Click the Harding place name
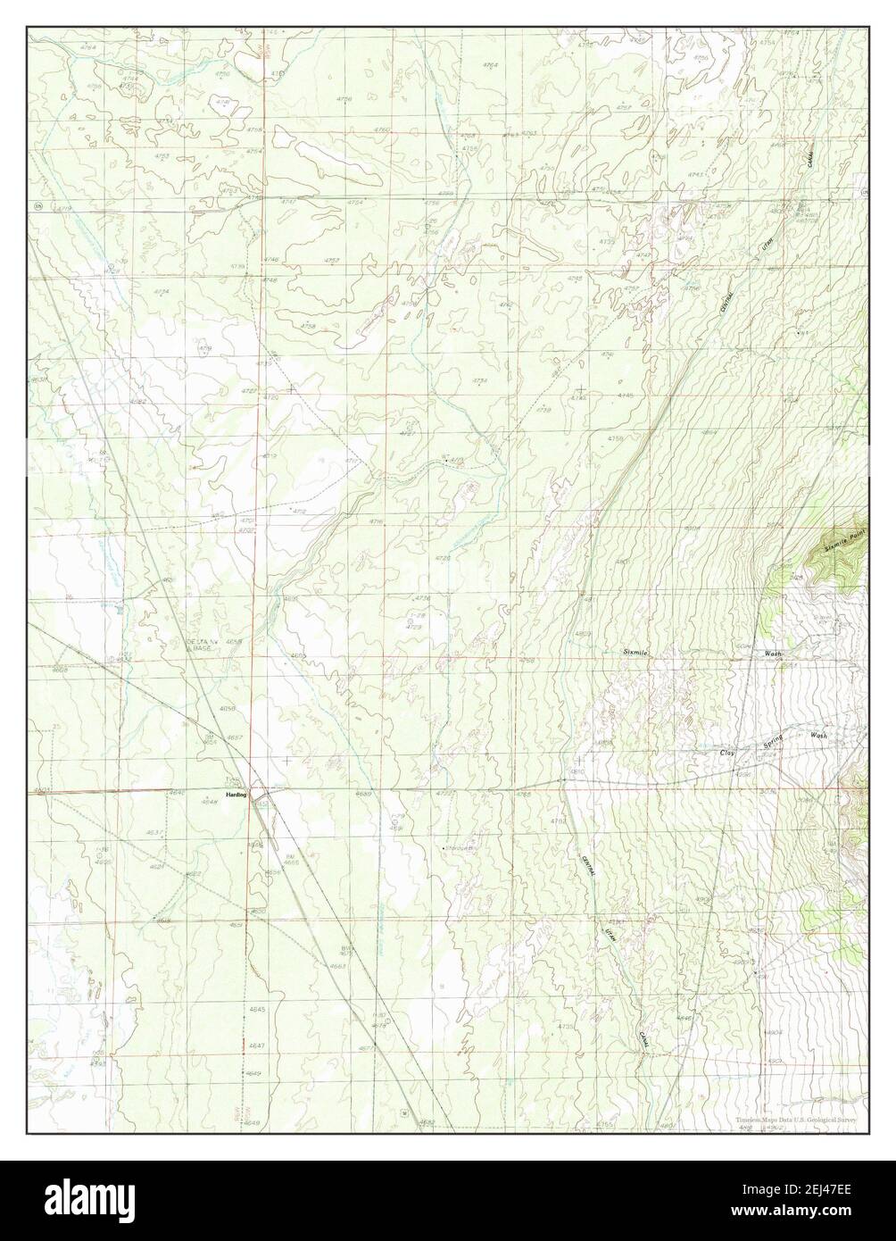(236, 794)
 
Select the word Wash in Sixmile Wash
(772, 654)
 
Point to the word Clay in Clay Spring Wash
(729, 754)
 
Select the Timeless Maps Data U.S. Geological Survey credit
(796, 1120)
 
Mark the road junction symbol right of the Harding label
(256, 792)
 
